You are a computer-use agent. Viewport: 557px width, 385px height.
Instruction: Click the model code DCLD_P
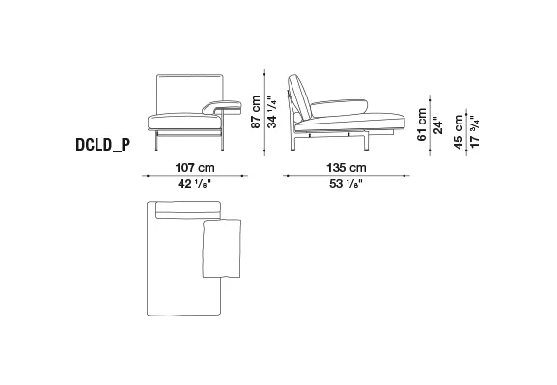[103, 145]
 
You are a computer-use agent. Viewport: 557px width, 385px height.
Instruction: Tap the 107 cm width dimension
[195, 167]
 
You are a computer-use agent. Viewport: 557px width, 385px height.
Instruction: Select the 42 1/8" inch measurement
[195, 184]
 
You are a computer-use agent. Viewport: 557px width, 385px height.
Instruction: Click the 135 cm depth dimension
[347, 167]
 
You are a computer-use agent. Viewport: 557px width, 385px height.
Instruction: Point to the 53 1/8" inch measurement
[347, 184]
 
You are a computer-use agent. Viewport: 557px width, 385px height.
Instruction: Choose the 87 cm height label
[256, 112]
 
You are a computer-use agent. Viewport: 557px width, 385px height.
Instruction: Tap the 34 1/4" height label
[272, 112]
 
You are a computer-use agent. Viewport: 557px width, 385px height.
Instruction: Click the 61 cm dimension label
[422, 124]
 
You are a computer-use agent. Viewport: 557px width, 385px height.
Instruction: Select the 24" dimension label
[438, 125]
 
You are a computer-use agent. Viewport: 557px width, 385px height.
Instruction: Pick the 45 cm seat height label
[459, 131]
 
